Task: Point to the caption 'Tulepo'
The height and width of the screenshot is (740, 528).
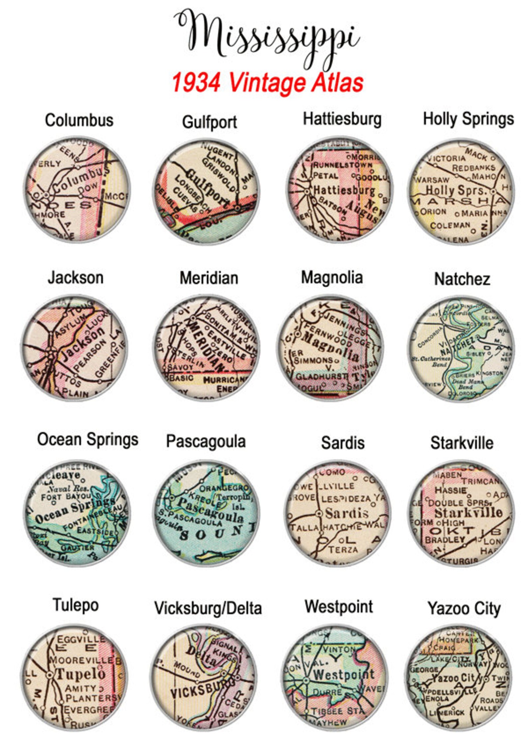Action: (x=76, y=605)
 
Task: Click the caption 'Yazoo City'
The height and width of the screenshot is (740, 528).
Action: (x=464, y=608)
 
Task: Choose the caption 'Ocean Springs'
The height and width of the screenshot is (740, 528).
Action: (x=88, y=439)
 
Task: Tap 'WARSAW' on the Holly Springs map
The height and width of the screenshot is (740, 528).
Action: (x=432, y=180)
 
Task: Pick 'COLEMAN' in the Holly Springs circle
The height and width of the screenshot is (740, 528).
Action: (x=450, y=226)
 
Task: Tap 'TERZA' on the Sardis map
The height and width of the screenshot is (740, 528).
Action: (x=343, y=550)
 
